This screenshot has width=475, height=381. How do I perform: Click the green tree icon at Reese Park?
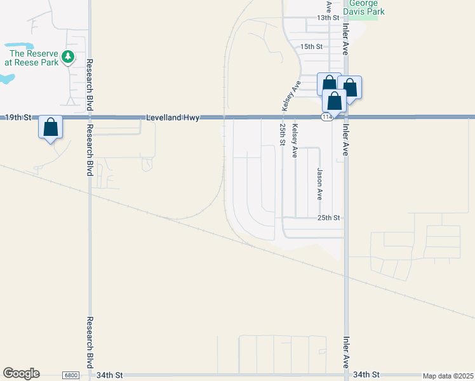68,58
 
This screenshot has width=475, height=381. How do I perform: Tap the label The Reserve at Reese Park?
31,58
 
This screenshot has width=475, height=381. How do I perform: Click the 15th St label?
312,47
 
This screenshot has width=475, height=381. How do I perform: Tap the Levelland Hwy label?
173,117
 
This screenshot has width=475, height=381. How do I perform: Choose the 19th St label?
18,117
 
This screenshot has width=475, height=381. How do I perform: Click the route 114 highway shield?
326,117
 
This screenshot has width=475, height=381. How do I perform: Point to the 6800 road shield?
71,375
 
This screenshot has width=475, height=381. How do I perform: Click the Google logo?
21,373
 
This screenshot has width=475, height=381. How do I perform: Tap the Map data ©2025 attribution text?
447,376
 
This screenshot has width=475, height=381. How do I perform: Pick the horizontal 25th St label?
329,218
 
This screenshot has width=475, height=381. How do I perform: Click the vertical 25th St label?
282,135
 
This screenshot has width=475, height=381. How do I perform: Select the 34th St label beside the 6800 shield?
109,375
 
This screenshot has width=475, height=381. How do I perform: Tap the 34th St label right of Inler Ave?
366,375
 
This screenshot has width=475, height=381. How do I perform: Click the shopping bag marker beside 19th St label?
51,128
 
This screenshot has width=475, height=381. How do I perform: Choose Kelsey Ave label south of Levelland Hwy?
295,141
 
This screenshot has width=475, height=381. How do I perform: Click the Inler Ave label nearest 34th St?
346,353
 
